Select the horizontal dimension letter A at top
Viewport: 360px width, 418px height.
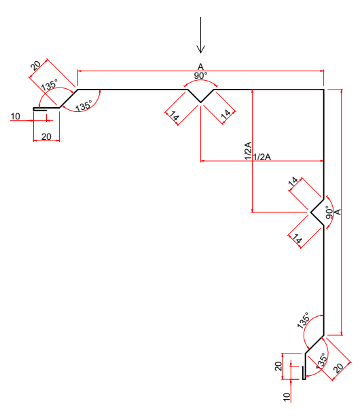pos(200,66)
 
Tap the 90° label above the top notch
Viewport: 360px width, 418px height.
pos(200,75)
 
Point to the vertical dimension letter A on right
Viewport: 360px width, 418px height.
pos(338,212)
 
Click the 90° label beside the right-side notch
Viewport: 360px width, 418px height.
pos(328,212)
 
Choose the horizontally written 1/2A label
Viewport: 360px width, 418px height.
pos(262,157)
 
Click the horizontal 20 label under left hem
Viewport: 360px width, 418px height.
pos(46,136)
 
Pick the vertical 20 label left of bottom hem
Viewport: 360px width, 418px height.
pos(278,366)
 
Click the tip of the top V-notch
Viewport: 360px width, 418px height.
pos(200,102)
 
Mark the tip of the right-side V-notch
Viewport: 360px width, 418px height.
pos(311,212)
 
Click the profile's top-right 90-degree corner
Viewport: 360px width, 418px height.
pos(323,90)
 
